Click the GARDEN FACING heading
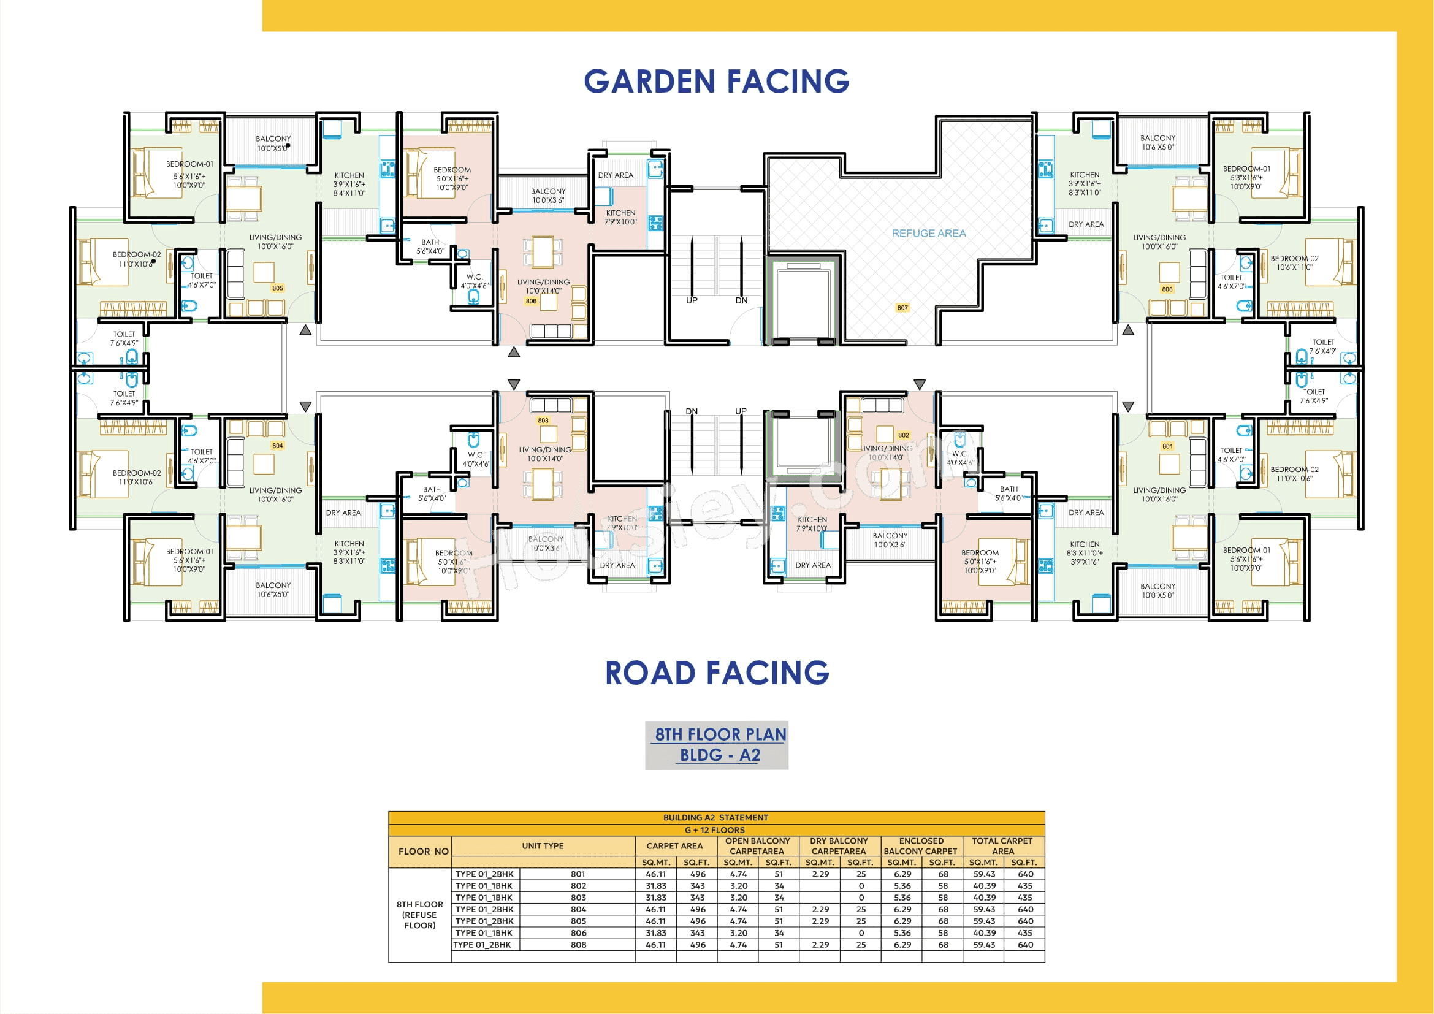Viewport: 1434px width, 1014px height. pos(716,81)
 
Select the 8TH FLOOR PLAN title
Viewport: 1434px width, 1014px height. pos(720,734)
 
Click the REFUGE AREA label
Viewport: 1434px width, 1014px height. pos(928,233)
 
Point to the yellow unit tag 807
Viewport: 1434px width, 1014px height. pos(902,308)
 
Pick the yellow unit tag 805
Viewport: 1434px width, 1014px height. pos(277,289)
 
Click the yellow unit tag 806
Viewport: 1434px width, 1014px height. pos(530,301)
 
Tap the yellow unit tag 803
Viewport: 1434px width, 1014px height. pos(543,421)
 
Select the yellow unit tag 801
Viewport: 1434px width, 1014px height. pos(1167,446)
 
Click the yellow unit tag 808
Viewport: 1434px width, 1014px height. pos(1167,289)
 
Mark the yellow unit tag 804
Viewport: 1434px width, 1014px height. pos(277,446)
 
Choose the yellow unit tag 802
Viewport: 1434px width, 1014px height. pos(903,435)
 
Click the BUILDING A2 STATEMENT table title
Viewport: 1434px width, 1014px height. pos(715,817)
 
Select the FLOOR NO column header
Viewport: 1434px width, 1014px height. pos(423,851)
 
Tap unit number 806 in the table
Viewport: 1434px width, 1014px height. pos(578,933)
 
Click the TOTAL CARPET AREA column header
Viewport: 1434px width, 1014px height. pos(1002,846)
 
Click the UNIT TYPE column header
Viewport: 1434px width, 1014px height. pos(542,846)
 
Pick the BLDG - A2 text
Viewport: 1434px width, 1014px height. pos(720,755)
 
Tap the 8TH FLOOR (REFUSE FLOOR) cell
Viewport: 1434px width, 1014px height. pos(419,915)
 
